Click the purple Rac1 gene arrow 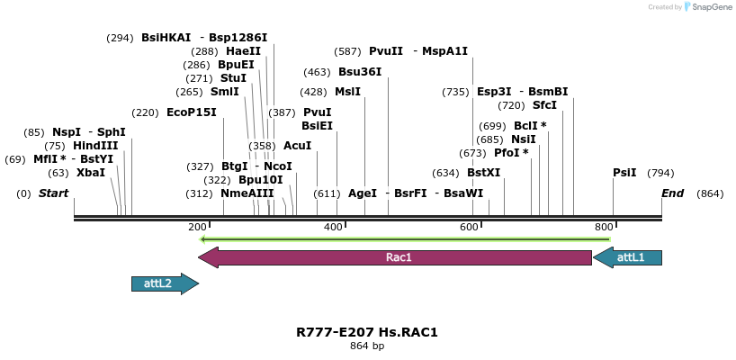click(x=396, y=258)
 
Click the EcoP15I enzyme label click(x=192, y=112)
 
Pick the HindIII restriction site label click(x=95, y=145)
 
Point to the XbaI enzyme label click(x=91, y=172)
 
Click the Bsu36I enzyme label click(x=360, y=72)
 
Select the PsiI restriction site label click(x=624, y=172)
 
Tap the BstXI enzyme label click(x=483, y=172)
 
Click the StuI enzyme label click(x=233, y=78)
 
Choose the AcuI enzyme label click(x=298, y=145)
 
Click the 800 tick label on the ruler click(x=604, y=227)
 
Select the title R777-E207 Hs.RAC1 click(x=367, y=332)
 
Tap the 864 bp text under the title click(x=367, y=346)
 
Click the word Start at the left click(x=54, y=193)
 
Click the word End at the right click(x=672, y=193)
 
